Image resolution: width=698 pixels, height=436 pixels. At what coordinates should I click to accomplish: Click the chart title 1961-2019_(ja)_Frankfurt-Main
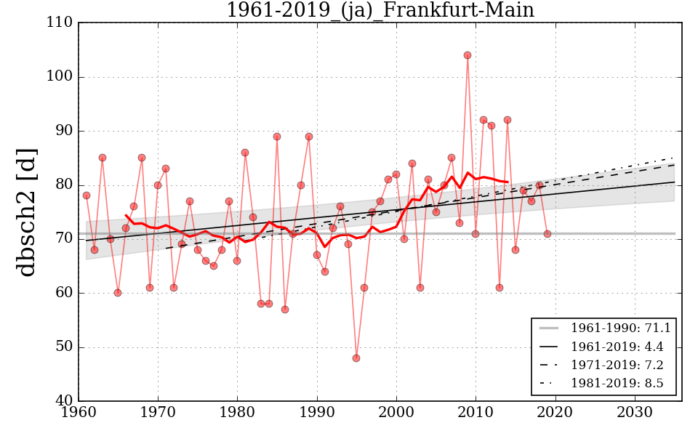coord(380,11)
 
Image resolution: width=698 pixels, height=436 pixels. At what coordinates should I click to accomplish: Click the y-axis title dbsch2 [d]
coord(27,211)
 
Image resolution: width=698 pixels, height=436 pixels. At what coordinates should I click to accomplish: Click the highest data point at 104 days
coord(468,55)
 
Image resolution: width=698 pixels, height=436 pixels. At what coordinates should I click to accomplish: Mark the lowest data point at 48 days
coord(356,358)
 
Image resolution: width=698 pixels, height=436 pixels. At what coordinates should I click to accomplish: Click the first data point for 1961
coord(87,195)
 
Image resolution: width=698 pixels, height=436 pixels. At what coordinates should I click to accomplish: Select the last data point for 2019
coord(547,233)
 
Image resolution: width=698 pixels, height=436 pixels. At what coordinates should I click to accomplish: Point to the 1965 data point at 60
coord(118,293)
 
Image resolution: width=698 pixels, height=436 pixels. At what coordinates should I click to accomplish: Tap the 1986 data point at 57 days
coord(285,309)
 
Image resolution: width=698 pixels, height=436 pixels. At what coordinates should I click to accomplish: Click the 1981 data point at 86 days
coord(245,153)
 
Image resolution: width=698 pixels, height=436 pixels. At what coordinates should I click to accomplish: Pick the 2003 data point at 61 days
coord(420,287)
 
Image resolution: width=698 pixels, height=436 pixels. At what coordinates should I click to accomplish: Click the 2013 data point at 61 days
coord(500,287)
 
